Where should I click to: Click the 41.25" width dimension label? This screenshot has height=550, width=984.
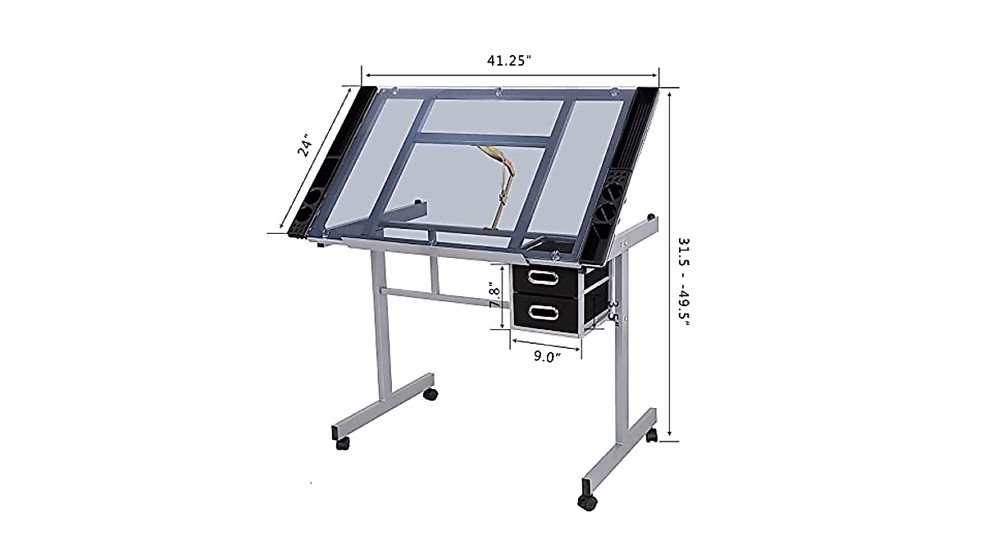coord(511,60)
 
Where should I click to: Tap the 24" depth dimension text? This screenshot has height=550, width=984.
coord(305,145)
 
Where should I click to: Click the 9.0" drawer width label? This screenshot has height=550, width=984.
coord(546,356)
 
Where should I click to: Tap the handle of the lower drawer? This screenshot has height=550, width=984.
coord(543,311)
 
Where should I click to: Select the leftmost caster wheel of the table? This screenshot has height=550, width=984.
coord(341,442)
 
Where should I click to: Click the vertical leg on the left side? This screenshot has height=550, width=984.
coord(381,328)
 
